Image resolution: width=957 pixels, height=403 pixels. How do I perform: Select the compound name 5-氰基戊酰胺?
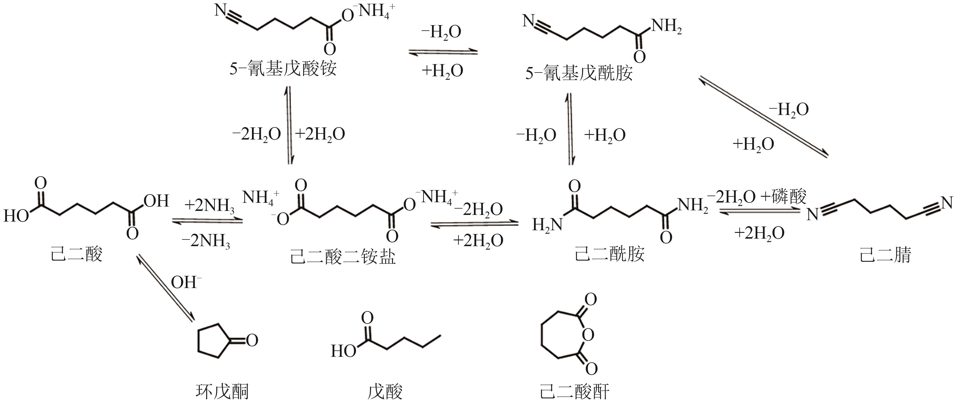[x=579, y=73]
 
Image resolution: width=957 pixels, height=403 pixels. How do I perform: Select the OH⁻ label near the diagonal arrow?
[x=186, y=283]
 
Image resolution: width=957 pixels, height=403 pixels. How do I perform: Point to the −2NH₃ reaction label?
[x=206, y=242]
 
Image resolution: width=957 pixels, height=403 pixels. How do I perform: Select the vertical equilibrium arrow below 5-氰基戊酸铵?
[x=289, y=125]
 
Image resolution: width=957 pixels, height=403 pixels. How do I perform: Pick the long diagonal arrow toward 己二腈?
[x=764, y=117]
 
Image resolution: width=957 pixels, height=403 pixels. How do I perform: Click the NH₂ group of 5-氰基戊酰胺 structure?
[x=667, y=26]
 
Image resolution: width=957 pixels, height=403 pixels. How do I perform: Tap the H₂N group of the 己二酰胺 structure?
[x=547, y=224]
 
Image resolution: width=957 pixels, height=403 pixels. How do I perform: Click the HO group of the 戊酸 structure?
[x=343, y=351]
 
